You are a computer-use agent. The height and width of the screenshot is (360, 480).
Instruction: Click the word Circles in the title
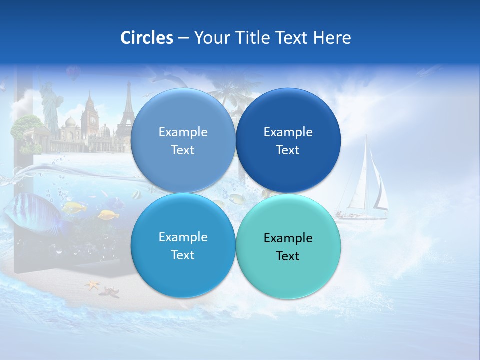tap(147, 38)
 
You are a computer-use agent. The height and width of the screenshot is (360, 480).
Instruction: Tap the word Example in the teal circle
tap(288, 238)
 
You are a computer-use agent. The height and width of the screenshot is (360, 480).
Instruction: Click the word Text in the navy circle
tap(288, 150)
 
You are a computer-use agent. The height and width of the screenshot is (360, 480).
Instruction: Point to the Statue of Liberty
tap(49, 110)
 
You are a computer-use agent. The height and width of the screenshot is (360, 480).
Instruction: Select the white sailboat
tap(365, 185)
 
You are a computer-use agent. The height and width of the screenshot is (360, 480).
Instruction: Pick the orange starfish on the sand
tap(93, 285)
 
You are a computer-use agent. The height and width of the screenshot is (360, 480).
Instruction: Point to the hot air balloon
tap(73, 74)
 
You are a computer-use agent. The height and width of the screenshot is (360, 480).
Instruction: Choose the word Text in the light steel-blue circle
tap(183, 150)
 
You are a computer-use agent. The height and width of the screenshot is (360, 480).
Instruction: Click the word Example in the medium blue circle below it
tap(183, 237)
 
